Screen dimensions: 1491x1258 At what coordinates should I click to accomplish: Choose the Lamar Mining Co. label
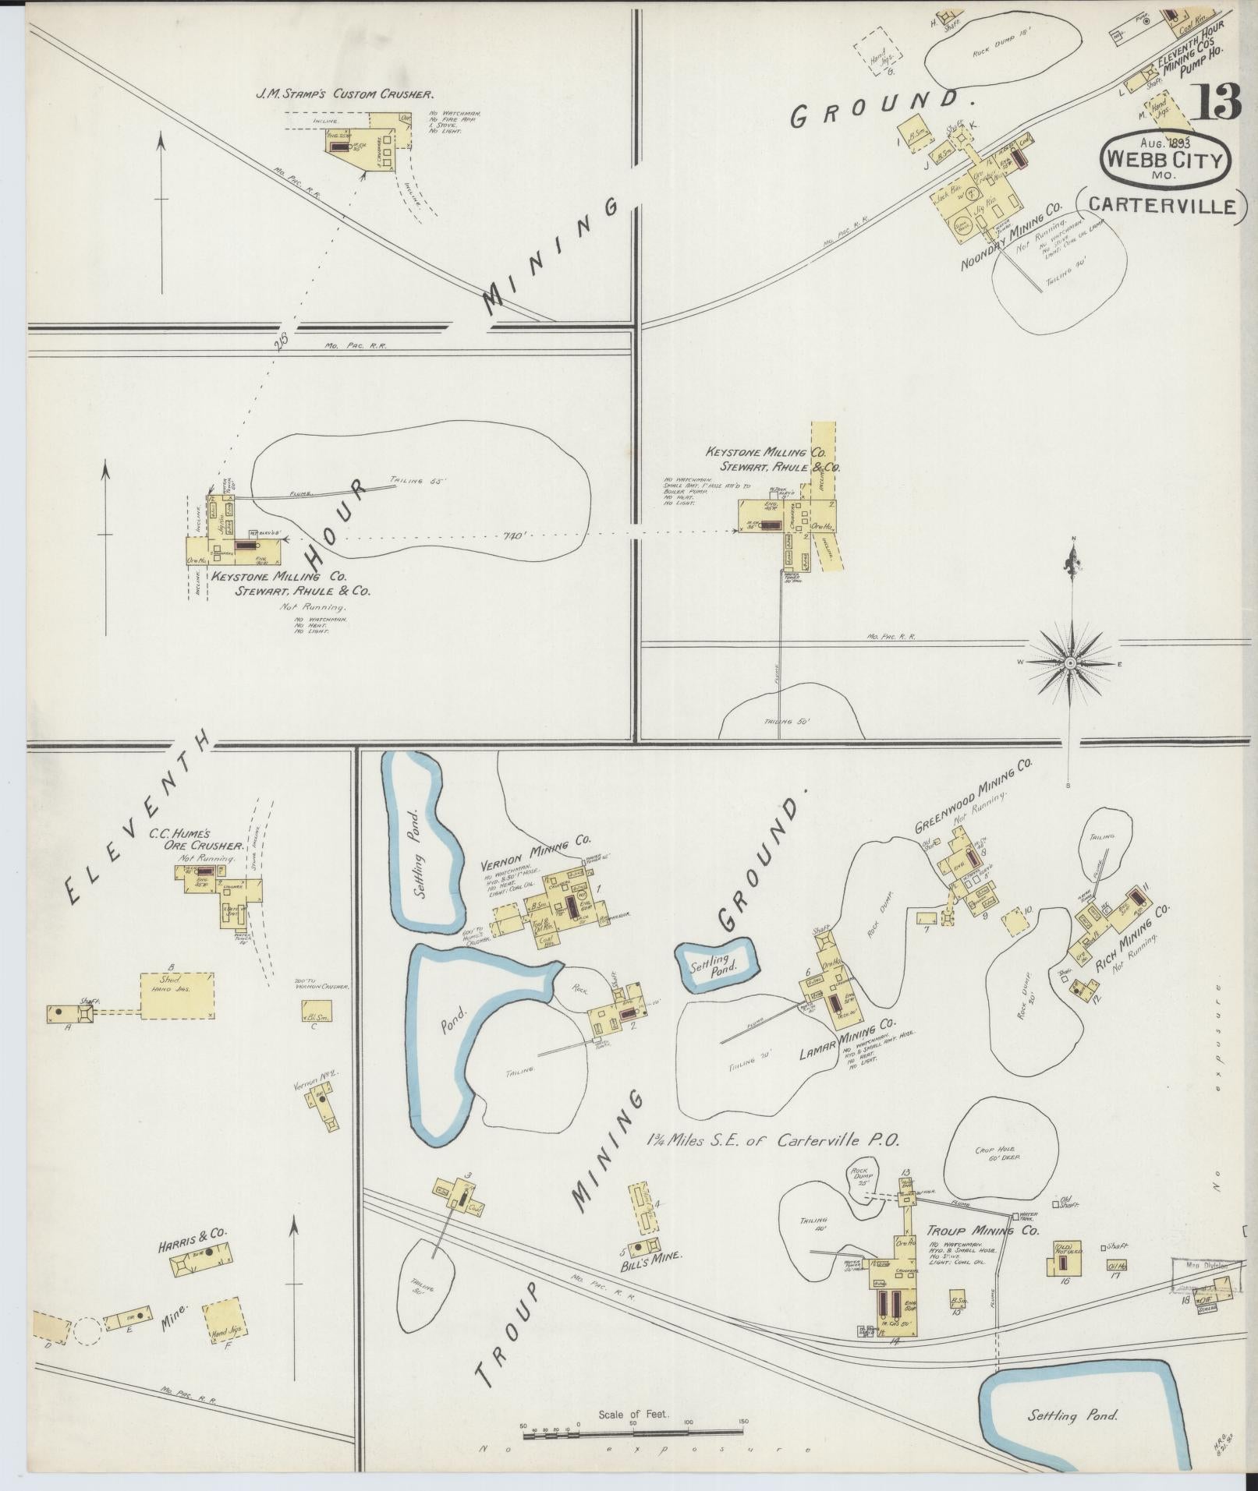(x=848, y=1041)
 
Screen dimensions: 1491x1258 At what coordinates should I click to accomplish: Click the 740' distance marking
(x=516, y=536)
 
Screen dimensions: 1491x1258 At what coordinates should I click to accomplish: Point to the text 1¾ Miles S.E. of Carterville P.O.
(x=772, y=1139)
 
